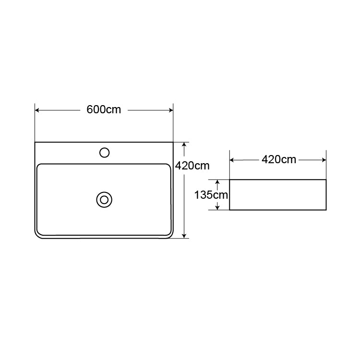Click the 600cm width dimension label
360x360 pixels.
point(104,109)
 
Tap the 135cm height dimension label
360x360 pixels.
point(211,195)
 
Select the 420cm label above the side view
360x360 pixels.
point(279,159)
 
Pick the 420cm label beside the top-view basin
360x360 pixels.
point(192,166)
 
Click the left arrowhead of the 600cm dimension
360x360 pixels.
point(37,110)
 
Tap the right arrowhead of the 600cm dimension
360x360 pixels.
point(171,110)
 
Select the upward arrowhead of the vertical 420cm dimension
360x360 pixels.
point(184,144)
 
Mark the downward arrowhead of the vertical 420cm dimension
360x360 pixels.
point(184,236)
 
